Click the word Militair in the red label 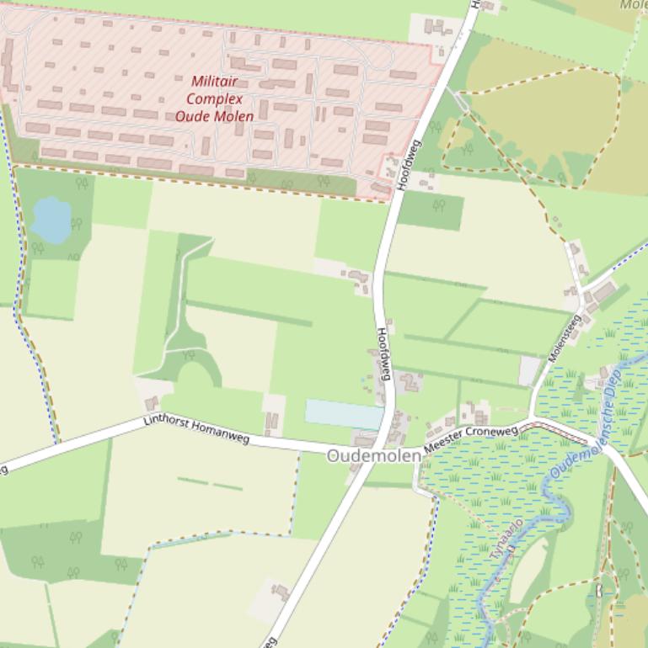[x=214, y=82]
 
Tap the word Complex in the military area [x=214, y=98]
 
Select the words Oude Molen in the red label [x=214, y=116]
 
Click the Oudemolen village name [x=373, y=455]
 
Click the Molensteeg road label [x=565, y=338]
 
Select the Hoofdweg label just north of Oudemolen [x=383, y=353]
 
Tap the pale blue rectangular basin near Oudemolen [x=343, y=414]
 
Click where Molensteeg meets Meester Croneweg [x=533, y=418]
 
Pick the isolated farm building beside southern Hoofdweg [x=279, y=593]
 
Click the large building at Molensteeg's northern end [x=603, y=293]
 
